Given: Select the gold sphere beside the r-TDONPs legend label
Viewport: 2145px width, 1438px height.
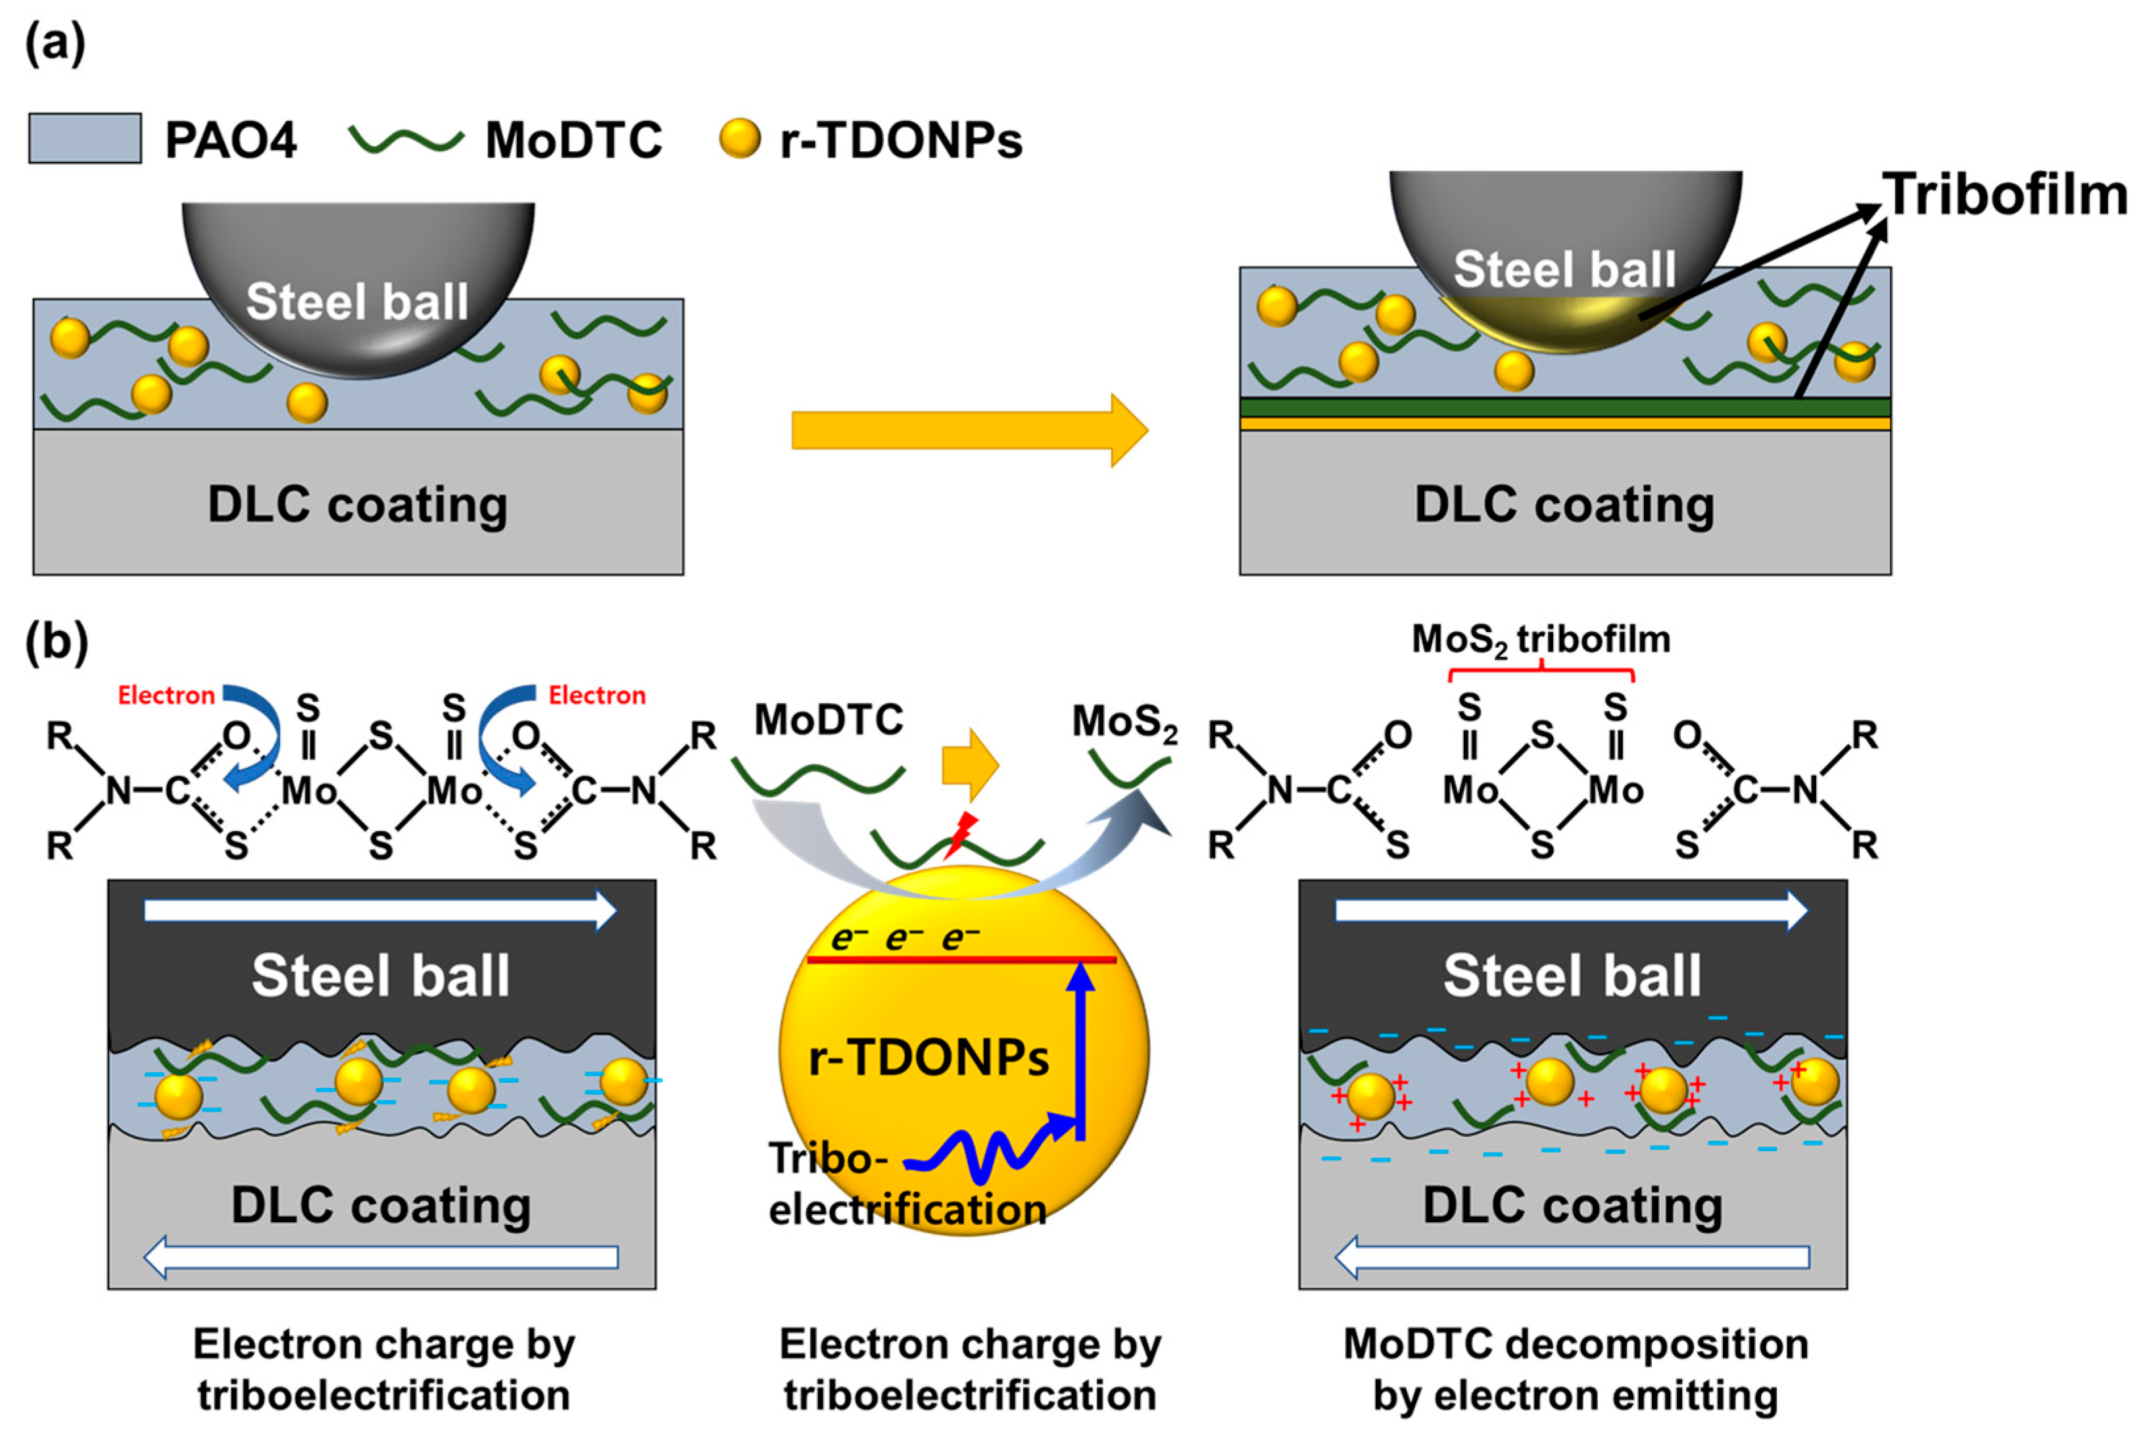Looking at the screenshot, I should coord(739,139).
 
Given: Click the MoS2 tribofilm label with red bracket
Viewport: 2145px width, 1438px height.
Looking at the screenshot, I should coord(1541,640).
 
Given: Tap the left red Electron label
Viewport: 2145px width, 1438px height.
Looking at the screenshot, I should coord(166,695).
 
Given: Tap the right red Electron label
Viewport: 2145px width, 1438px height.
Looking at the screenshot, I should coord(597,695).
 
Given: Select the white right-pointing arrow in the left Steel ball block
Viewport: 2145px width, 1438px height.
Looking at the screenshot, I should coord(379,910).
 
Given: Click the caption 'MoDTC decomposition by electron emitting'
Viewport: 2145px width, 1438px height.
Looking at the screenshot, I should coord(1575,1369).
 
